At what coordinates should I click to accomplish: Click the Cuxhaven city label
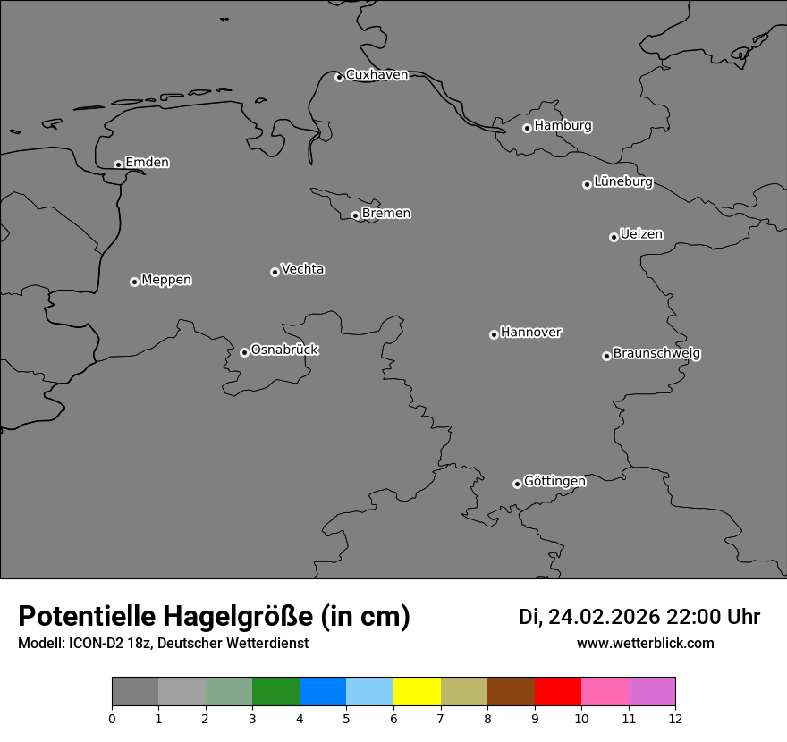pos(377,75)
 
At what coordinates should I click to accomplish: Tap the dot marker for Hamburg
pos(527,128)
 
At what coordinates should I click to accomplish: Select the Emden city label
pos(147,163)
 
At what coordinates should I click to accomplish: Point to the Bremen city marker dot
pos(355,215)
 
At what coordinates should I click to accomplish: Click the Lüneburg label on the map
pos(622,182)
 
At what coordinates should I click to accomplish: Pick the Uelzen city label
pos(641,235)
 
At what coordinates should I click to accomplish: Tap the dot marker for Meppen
pos(134,282)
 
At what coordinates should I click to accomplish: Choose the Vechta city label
pos(302,269)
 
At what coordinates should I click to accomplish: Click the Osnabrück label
pos(284,350)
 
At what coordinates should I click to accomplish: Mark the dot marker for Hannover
pos(494,334)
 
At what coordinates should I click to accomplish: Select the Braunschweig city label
pos(656,354)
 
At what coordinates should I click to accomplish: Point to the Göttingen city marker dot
pos(517,484)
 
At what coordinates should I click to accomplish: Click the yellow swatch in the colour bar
pos(417,692)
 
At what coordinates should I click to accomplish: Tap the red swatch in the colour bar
pos(557,692)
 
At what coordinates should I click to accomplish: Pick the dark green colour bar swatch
pos(275,692)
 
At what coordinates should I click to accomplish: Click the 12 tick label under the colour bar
pos(675,718)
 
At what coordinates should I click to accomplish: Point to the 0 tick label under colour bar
pos(112,718)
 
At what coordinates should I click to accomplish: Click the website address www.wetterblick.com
pos(645,644)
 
